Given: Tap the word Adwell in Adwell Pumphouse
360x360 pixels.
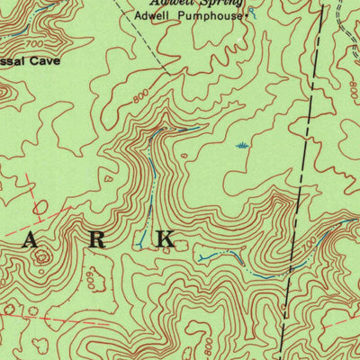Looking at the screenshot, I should point(167,16).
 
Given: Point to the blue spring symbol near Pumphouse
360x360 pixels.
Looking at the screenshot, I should point(253,11).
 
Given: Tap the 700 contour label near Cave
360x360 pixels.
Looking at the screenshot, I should point(35,43).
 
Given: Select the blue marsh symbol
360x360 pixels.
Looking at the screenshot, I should point(241,145).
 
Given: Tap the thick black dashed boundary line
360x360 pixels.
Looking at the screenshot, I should point(303,180).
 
